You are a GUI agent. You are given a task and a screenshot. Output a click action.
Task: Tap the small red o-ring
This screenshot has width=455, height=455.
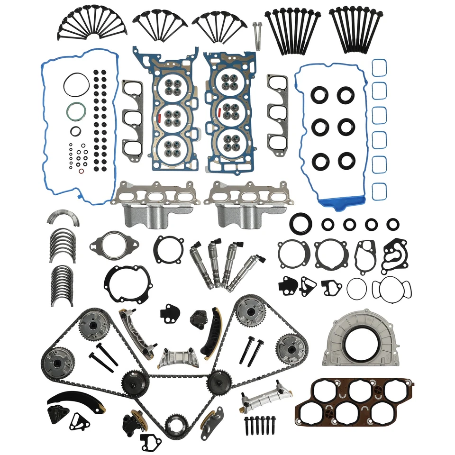point(81,171)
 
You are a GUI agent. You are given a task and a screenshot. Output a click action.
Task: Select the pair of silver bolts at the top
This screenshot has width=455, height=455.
point(257,36)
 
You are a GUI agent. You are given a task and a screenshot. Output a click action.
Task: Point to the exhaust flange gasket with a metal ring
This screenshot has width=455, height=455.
point(114,245)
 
